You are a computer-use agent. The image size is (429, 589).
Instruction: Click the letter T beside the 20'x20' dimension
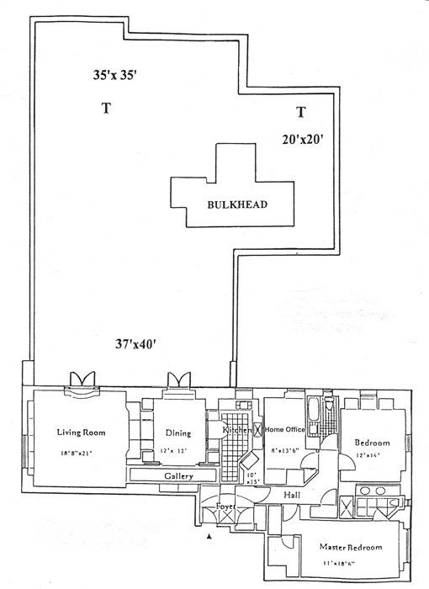click(300, 112)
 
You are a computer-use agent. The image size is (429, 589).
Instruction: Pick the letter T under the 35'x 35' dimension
click(106, 108)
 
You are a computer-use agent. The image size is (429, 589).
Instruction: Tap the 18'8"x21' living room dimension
click(77, 454)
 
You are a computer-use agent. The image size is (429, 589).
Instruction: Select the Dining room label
click(177, 434)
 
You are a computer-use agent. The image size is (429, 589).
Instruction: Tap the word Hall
click(292, 495)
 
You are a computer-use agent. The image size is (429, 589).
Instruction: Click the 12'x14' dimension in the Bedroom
click(368, 455)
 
